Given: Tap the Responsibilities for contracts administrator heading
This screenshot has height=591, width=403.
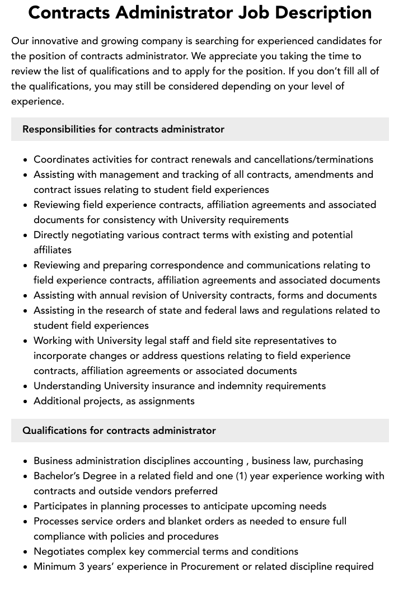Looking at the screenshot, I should pyautogui.click(x=123, y=129).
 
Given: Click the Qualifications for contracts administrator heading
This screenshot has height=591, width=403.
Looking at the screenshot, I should pyautogui.click(x=119, y=431).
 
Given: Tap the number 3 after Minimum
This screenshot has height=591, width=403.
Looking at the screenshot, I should pyautogui.click(x=83, y=566).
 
